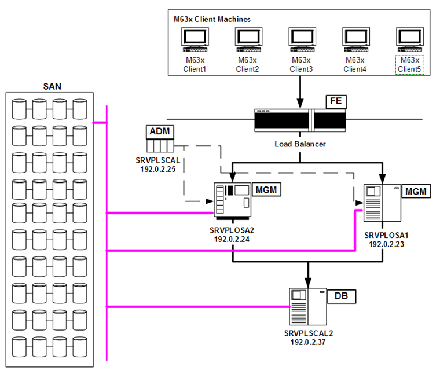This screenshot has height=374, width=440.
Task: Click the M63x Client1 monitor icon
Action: pos(194,40)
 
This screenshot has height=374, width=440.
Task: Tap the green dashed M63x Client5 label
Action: pos(409,64)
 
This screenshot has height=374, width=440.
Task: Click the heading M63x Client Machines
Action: pos(212,19)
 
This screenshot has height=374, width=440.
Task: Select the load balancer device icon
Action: pos(300,120)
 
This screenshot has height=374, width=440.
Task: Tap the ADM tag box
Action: pos(160,131)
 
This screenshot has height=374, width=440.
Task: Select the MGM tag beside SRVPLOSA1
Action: pos(417,191)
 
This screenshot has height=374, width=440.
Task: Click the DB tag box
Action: pos(342,296)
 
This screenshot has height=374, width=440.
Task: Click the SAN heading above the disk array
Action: pos(53,86)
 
